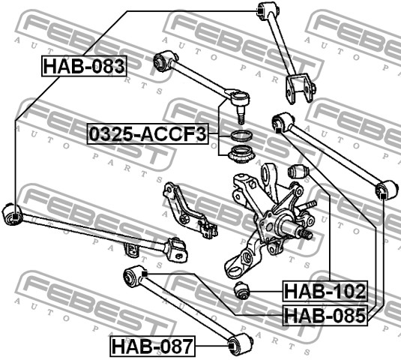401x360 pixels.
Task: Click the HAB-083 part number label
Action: (x=84, y=66)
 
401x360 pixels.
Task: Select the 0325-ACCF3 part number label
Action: (x=148, y=134)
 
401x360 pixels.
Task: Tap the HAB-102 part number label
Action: (x=325, y=291)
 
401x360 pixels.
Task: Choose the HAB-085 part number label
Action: (x=325, y=315)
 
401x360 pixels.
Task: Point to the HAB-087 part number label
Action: (x=152, y=346)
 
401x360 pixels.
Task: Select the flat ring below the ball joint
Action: (x=241, y=136)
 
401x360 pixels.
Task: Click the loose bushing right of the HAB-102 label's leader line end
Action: (x=241, y=290)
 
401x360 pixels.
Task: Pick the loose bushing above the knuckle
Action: (x=298, y=171)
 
